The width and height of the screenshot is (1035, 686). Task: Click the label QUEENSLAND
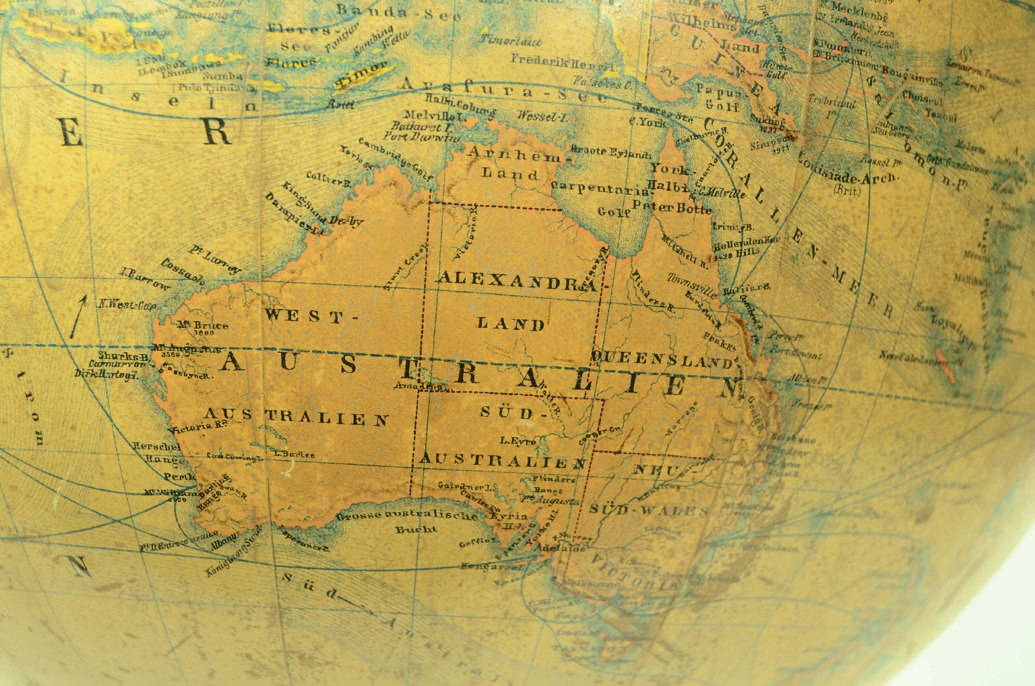point(662,359)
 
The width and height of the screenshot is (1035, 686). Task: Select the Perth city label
point(179,476)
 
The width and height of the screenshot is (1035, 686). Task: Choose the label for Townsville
point(692,282)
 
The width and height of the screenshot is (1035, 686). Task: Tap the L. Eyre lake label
point(518,441)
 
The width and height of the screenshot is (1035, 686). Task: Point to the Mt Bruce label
point(203,325)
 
